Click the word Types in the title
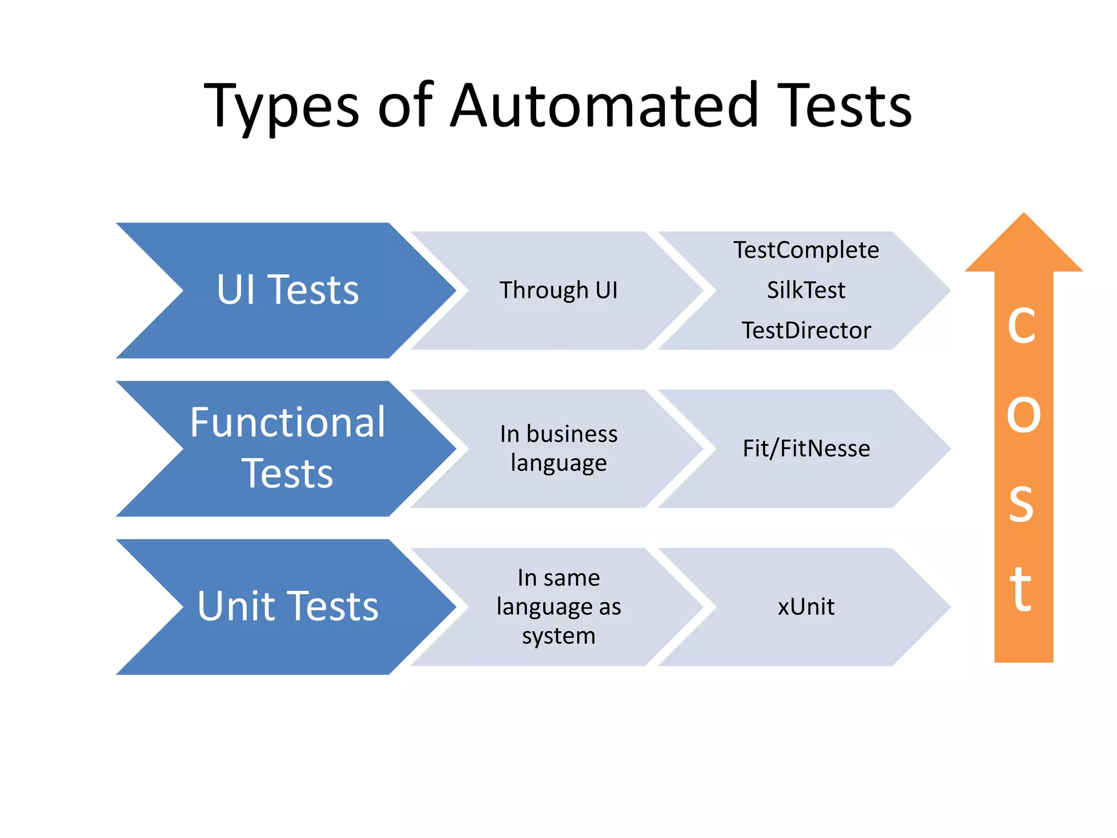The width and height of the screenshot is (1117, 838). pos(281,106)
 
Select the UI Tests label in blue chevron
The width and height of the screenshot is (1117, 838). pos(287,290)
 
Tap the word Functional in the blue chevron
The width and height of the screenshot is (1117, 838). pos(287,423)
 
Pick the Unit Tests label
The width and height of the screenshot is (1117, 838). pos(287,606)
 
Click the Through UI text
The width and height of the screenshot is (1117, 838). pos(558,290)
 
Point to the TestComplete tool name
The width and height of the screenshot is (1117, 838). pos(806,250)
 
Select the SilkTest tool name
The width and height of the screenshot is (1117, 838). pos(806,290)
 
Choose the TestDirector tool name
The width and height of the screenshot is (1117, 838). pos(806,331)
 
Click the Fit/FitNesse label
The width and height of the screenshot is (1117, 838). pos(806,448)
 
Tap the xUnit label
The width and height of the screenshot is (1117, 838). pos(806,607)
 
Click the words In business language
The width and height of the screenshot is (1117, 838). pos(558,448)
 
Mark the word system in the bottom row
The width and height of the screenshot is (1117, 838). pos(558,636)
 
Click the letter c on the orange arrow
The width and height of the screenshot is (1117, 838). pos(1021,326)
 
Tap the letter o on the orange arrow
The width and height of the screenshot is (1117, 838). pos(1023,415)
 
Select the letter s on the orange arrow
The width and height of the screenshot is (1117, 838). pos(1021,503)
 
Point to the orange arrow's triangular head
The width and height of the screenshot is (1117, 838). pos(1024,248)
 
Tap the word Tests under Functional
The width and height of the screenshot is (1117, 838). pos(287,474)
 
